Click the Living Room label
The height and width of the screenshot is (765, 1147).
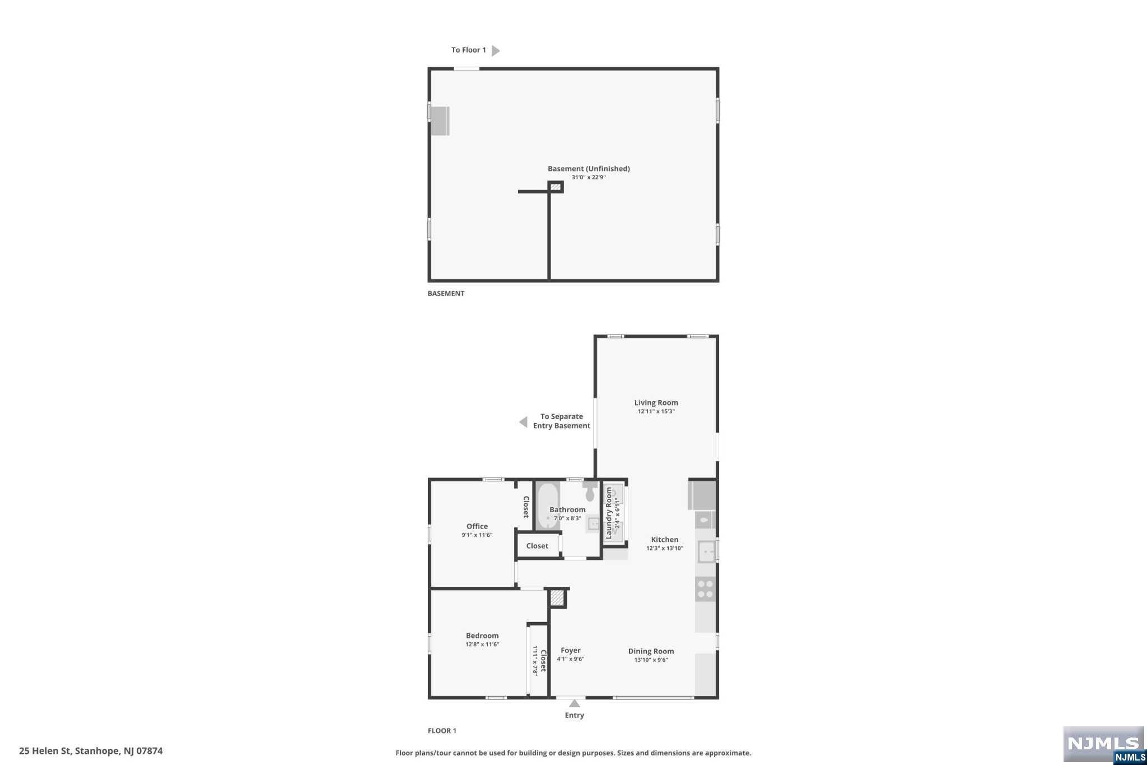click(x=656, y=402)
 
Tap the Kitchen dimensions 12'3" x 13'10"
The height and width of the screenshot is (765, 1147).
click(x=665, y=548)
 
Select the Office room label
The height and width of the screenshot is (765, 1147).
click(x=477, y=526)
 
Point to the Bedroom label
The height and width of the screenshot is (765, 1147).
click(x=482, y=636)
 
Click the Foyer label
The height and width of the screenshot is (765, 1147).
click(x=571, y=651)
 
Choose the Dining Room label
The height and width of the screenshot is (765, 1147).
click(x=651, y=651)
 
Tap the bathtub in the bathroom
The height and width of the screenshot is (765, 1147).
click(x=548, y=506)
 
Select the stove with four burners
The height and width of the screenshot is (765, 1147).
click(x=706, y=589)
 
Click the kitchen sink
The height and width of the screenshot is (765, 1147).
click(x=706, y=551)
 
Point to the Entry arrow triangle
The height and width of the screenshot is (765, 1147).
click(x=575, y=703)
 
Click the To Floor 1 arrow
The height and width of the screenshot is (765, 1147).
click(x=495, y=50)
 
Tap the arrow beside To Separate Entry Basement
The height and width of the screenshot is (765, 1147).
click(x=523, y=422)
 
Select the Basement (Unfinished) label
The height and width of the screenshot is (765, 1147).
click(x=589, y=169)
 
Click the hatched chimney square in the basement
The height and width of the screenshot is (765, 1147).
click(x=556, y=187)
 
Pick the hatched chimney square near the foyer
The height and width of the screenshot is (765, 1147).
click(x=557, y=598)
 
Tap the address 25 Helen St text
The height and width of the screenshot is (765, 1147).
click(x=91, y=751)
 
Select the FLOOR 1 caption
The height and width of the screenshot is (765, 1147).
click(x=442, y=731)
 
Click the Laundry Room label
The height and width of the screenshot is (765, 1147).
click(x=609, y=513)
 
